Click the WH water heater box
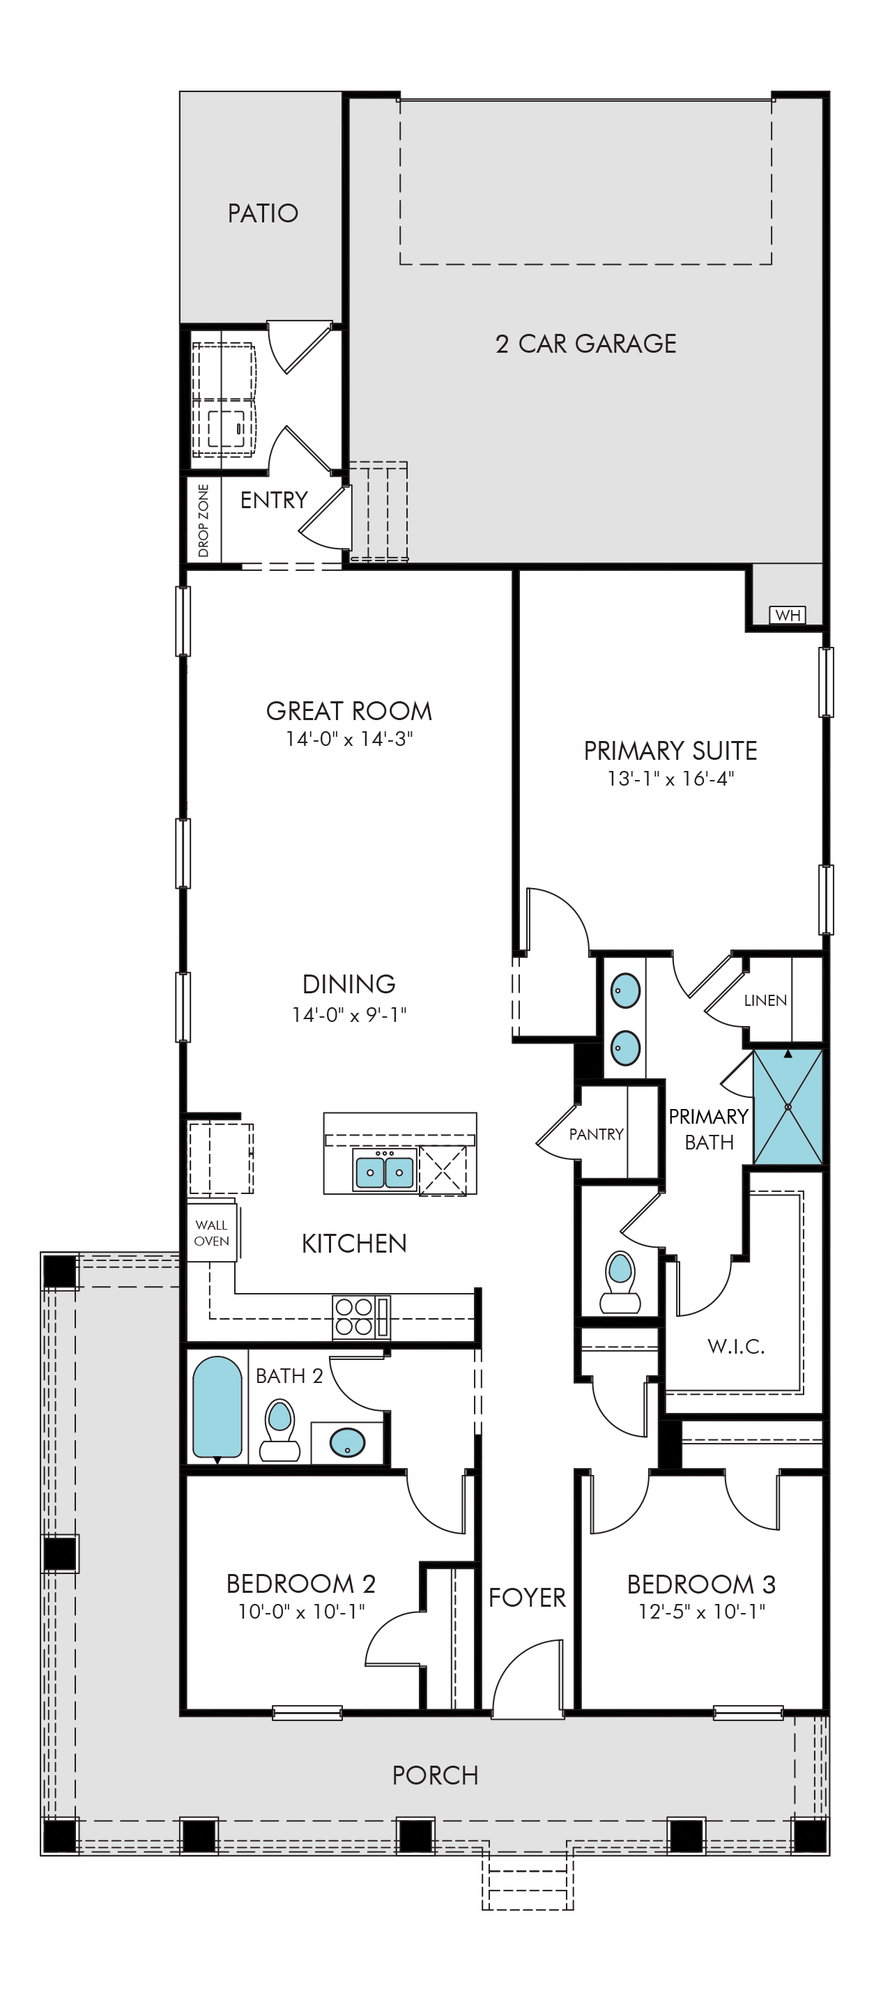pos(787,615)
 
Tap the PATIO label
pos(263,213)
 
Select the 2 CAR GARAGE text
pos(585,344)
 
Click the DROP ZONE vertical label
pos(204,520)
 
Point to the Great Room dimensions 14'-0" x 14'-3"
pos(348,738)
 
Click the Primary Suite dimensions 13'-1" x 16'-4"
pos(670,778)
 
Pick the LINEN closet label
pos(765,1000)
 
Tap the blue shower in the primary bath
pos(788,1107)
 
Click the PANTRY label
pos(596,1134)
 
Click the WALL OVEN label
pos(211,1232)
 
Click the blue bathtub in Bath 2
pos(217,1407)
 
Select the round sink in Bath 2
pos(347,1443)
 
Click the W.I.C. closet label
pos(736,1346)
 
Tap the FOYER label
pos(527,1597)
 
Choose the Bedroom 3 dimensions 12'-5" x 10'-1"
pos(702,1611)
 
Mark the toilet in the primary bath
pos(620,1281)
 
